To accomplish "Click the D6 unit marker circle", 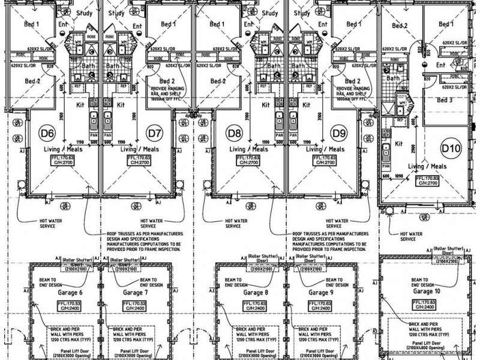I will [47, 131].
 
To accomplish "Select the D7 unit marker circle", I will [155, 131].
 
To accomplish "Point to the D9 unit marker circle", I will [340, 131].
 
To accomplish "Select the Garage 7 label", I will [136, 292].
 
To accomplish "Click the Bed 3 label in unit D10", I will [445, 100].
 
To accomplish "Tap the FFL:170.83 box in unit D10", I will [427, 181].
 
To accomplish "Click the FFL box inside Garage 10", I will [424, 304].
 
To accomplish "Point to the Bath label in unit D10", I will [393, 78].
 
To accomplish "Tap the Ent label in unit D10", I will [441, 64].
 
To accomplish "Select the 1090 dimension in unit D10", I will [400, 175].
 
